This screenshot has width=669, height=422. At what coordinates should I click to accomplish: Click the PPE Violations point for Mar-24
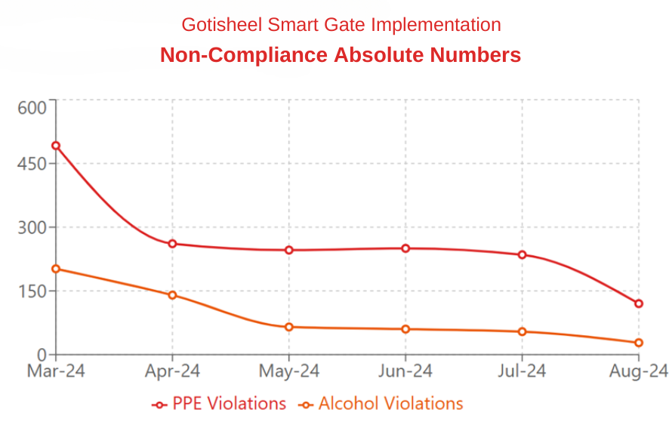coord(56,146)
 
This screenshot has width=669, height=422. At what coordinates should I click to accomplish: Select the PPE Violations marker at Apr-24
coord(172,244)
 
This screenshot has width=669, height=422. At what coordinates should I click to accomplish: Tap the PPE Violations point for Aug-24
coord(639,303)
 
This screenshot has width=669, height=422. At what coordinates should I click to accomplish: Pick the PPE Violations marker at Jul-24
coord(522,254)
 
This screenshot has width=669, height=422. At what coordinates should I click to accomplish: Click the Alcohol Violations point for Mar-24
coord(56,269)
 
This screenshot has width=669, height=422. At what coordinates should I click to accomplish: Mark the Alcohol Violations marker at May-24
coord(289,327)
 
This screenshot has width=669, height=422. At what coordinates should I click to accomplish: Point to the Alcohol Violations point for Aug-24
coord(639,343)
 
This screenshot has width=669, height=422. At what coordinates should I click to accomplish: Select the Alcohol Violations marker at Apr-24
coord(172,295)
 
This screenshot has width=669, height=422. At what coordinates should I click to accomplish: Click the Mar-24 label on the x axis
coord(56,371)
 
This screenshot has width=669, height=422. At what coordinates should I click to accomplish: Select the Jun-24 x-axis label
coord(405,371)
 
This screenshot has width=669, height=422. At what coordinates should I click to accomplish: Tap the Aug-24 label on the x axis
coord(639,371)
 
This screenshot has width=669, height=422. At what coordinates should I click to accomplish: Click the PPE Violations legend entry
coord(219,404)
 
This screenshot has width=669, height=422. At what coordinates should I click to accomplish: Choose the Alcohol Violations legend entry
coord(381,404)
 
